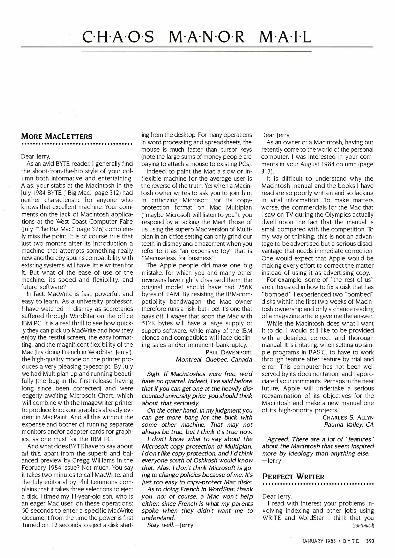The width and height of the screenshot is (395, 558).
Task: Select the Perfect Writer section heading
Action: (x=293, y=477)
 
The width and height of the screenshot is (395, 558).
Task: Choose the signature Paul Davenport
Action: (x=229, y=352)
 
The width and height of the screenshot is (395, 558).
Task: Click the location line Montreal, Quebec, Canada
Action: (x=214, y=359)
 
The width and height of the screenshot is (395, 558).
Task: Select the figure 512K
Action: (x=150, y=323)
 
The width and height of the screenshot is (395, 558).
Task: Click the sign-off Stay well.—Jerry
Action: (x=170, y=525)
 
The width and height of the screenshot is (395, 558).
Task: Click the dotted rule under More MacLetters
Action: (x=77, y=144)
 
